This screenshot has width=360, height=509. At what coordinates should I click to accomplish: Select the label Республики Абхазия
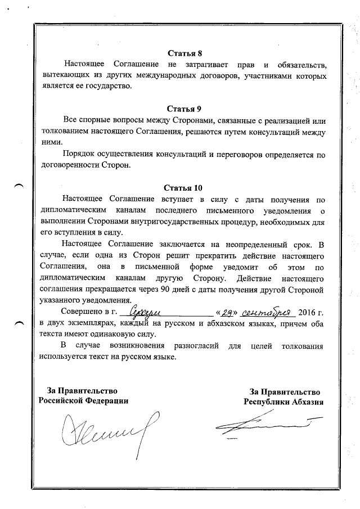point(283,402)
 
